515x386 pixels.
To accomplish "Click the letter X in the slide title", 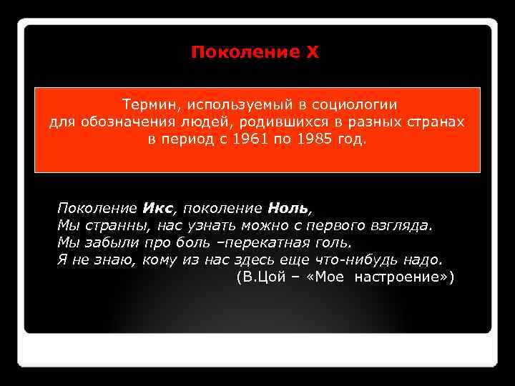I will pyautogui.click(x=313, y=52).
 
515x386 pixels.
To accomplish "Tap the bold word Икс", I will pyautogui.click(x=157, y=209).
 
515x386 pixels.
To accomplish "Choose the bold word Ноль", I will pyautogui.click(x=288, y=209).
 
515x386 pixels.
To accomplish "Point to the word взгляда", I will pyautogui.click(x=406, y=226).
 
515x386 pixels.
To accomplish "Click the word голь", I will pyautogui.click(x=333, y=242).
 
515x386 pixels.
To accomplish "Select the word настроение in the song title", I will pyautogui.click(x=403, y=276).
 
